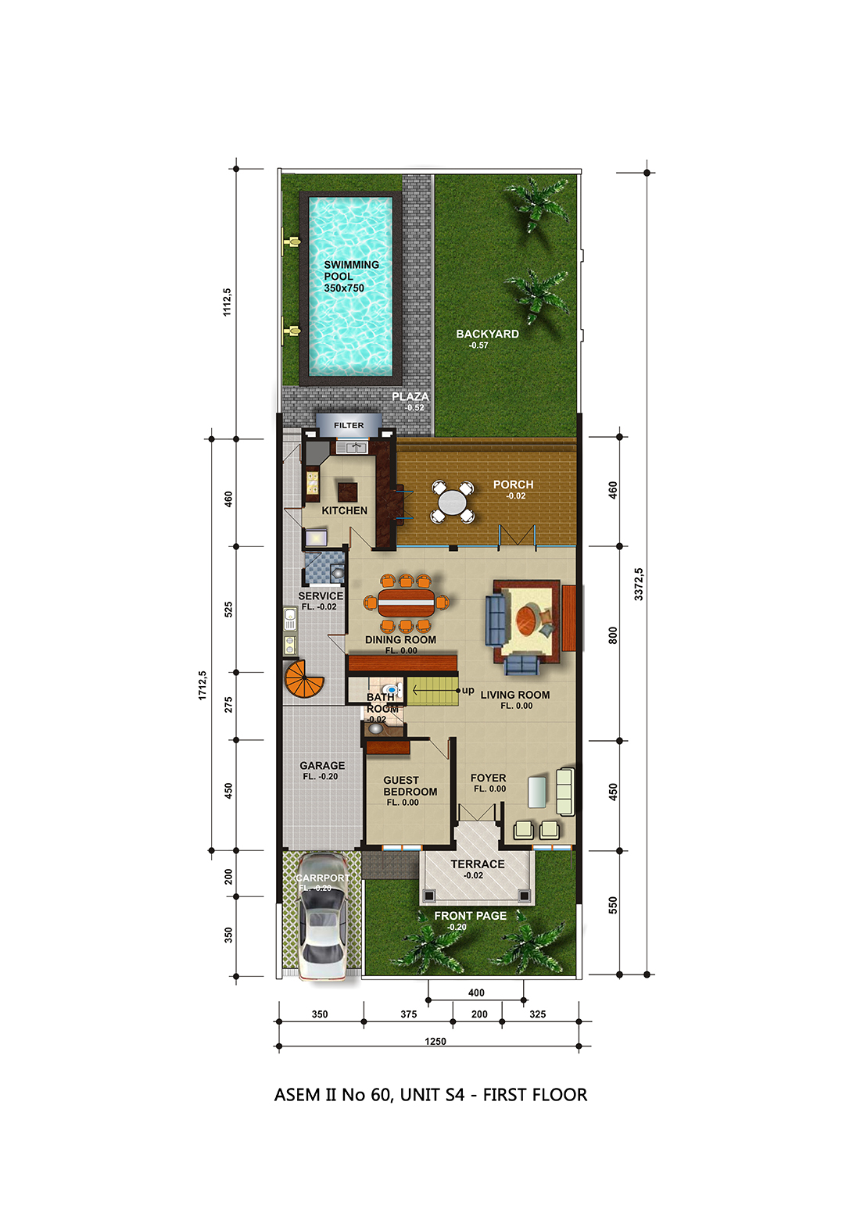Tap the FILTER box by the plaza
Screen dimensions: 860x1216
point(349,425)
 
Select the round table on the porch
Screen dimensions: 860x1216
point(453,502)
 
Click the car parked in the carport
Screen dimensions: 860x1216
point(322,917)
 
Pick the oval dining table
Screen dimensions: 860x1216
point(406,602)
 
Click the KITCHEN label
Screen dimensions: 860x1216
point(344,510)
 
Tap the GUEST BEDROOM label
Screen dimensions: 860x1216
point(410,785)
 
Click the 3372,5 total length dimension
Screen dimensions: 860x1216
point(639,584)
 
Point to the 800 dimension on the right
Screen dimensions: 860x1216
point(613,635)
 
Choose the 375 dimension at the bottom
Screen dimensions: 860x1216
point(408,1014)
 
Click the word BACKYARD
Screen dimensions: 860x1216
point(487,334)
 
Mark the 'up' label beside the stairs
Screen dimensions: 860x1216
point(468,691)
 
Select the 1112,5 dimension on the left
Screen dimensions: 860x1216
point(227,302)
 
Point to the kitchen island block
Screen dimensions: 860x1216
point(347,492)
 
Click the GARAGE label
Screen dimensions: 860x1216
point(322,765)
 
